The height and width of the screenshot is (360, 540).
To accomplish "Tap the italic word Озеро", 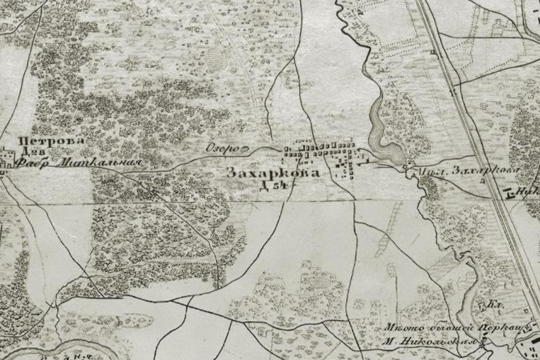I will tap(219, 149).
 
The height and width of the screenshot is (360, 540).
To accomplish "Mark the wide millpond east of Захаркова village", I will tap(389, 150).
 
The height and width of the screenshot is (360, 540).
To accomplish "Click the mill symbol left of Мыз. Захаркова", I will tap(405, 168).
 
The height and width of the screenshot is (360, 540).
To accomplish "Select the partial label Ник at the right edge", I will tap(528, 190).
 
